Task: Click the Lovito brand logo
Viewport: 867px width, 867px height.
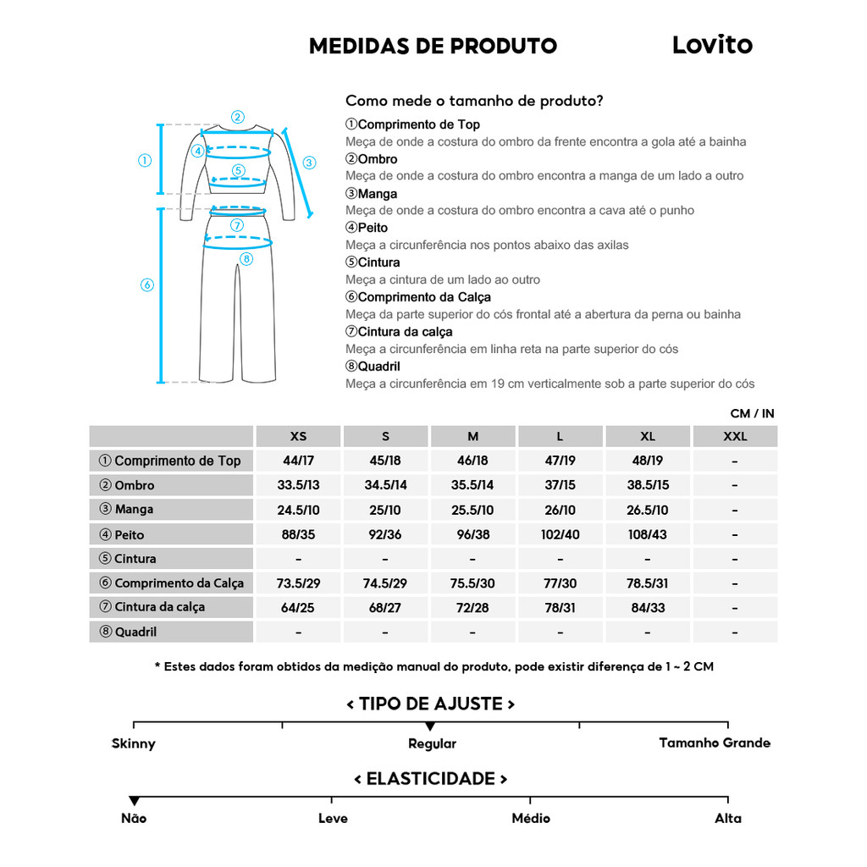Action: click(x=712, y=45)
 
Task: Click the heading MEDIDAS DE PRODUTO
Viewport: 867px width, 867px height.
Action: click(x=433, y=46)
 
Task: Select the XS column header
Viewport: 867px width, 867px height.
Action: click(x=298, y=437)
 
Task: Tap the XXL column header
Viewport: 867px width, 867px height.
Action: click(x=734, y=437)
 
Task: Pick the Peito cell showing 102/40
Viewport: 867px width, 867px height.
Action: click(x=560, y=534)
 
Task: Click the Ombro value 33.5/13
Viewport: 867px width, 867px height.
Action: click(x=298, y=485)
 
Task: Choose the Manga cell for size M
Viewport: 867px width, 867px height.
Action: click(x=472, y=510)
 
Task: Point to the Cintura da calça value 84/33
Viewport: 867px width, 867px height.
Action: click(x=647, y=607)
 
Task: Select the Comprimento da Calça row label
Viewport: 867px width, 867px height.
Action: click(x=171, y=583)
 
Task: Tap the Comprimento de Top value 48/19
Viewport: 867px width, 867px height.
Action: click(x=647, y=461)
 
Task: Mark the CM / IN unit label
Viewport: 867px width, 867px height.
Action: click(x=752, y=414)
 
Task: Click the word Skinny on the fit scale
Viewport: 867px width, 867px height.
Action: click(x=134, y=743)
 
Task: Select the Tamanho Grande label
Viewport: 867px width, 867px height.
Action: click(x=715, y=743)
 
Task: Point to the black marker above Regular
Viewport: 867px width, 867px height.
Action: click(x=430, y=726)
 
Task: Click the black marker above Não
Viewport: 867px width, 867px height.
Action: click(x=134, y=801)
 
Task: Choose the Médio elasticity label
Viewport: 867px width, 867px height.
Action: click(x=531, y=818)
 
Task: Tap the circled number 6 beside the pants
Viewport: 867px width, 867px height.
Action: click(x=146, y=285)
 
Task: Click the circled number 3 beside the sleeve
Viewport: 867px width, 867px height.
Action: click(x=309, y=163)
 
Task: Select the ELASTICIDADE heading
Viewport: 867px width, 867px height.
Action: click(x=431, y=779)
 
